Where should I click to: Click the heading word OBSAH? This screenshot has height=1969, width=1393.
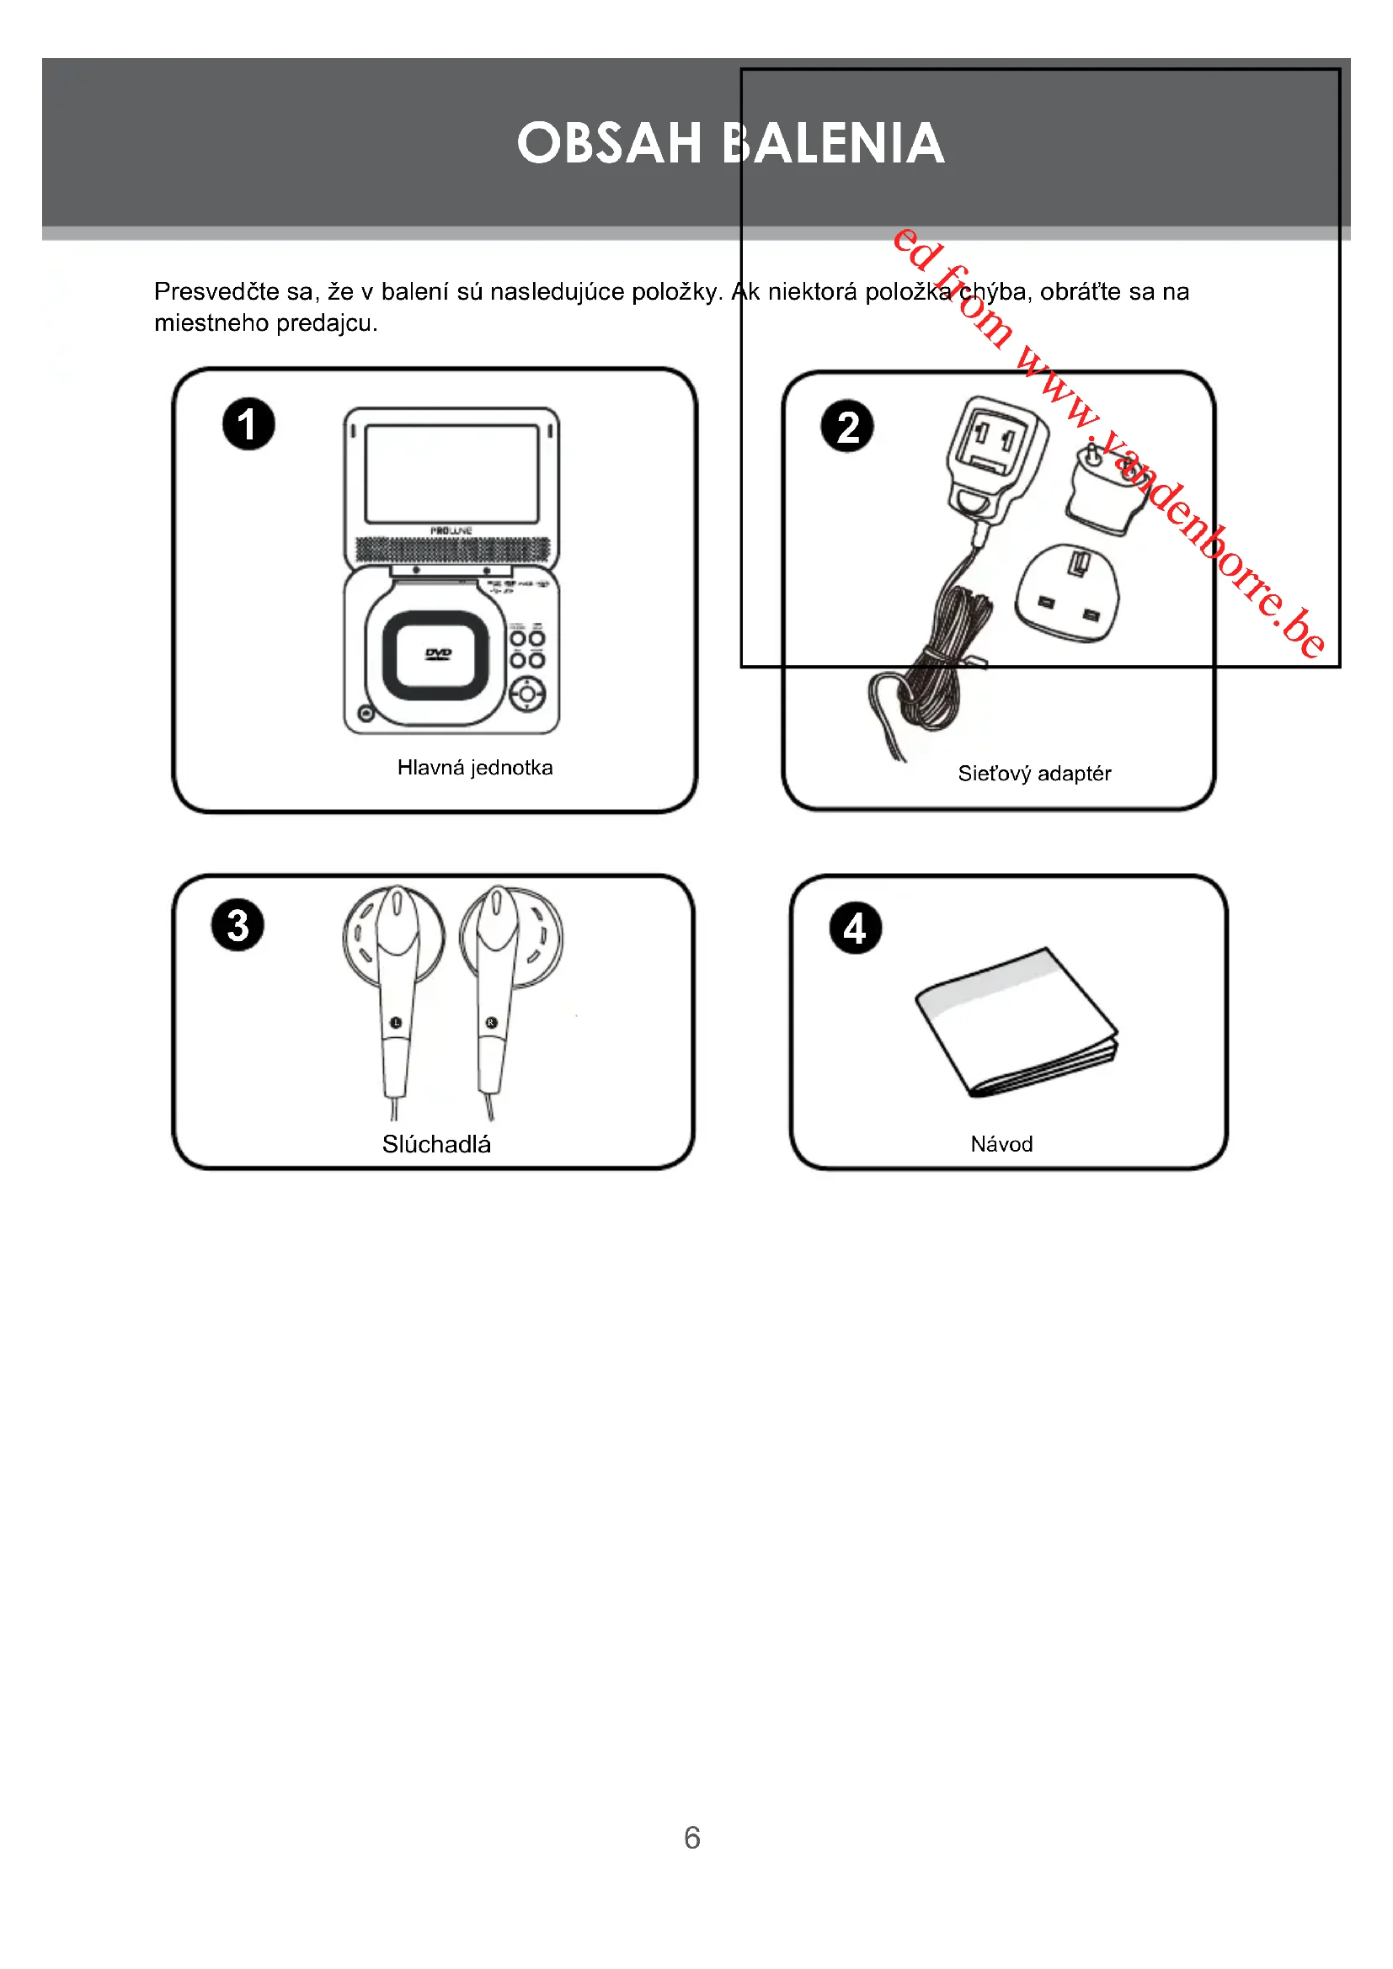click(x=609, y=143)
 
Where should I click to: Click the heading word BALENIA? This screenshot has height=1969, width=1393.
click(x=833, y=143)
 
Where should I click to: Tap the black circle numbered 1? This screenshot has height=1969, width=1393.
click(x=248, y=424)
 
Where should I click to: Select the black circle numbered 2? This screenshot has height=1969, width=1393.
click(x=846, y=427)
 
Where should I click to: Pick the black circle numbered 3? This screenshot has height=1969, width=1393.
click(x=238, y=925)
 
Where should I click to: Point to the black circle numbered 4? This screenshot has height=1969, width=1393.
click(x=855, y=929)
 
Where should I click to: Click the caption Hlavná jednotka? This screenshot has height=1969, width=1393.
click(x=474, y=768)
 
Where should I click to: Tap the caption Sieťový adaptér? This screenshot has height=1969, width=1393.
click(x=1033, y=774)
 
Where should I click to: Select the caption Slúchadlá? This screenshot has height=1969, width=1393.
click(x=435, y=1144)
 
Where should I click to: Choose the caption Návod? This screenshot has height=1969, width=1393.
click(x=1001, y=1144)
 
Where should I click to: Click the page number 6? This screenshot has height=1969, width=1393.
click(x=692, y=1837)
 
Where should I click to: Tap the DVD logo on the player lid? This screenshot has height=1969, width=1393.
click(x=437, y=654)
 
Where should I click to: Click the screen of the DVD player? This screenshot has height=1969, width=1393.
click(x=451, y=473)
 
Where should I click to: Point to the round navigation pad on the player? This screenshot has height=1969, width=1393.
click(x=526, y=694)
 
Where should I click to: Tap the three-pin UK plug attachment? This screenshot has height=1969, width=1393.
click(x=1067, y=593)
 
